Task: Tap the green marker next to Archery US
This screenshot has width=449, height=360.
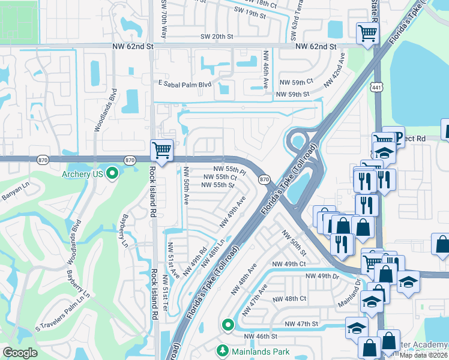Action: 112,175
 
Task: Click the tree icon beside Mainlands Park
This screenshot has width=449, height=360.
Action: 223,350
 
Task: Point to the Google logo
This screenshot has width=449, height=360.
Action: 20,353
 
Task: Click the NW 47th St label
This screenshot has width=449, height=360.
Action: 301,324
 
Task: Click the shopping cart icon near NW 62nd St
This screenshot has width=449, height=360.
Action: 367,33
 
